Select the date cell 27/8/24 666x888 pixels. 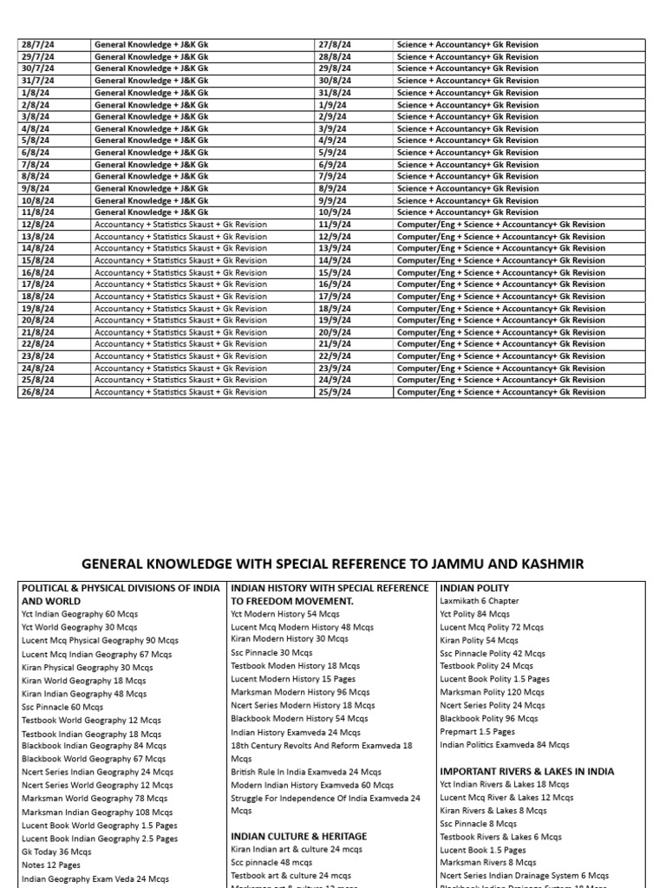336,44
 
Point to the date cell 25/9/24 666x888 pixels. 336,392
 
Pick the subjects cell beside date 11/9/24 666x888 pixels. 500,225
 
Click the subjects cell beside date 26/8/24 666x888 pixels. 180,392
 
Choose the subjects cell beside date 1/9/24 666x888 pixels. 467,105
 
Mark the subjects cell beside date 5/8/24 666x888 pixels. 151,140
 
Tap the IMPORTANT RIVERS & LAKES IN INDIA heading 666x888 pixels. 526,771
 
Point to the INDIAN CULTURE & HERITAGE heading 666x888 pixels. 298,836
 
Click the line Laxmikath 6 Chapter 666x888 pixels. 480,601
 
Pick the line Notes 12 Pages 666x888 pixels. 52,865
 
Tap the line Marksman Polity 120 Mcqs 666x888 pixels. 492,692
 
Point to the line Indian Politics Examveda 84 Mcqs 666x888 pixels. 504,744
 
